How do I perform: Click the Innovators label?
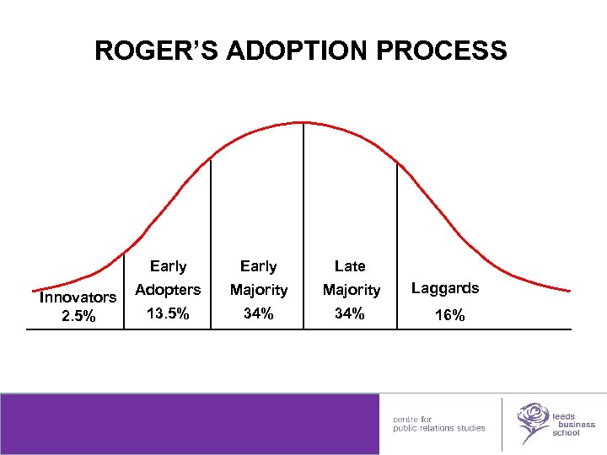click(x=78, y=297)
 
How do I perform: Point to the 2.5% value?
click(x=78, y=317)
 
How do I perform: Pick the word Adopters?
click(x=168, y=290)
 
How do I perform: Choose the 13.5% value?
click(x=168, y=313)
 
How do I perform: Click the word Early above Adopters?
click(x=168, y=266)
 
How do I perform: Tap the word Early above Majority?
click(x=258, y=266)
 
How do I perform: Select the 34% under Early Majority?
click(x=258, y=313)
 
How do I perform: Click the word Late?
click(x=350, y=266)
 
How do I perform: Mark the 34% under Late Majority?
click(x=350, y=313)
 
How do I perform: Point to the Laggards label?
click(x=445, y=288)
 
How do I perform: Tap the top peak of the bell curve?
click(x=303, y=123)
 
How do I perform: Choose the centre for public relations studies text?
click(x=438, y=423)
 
